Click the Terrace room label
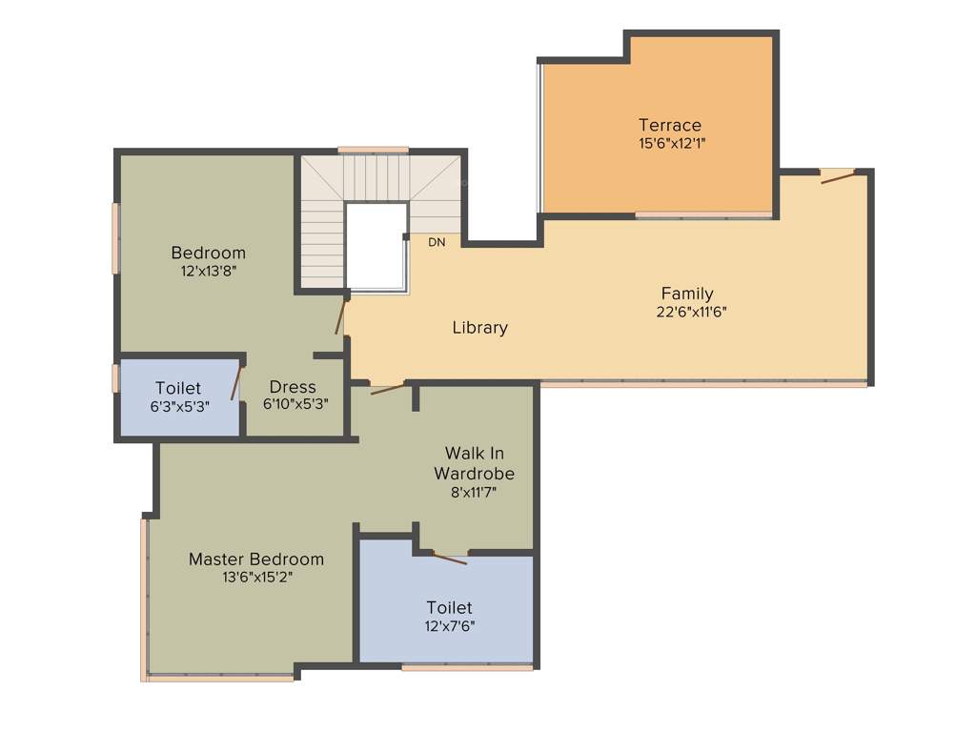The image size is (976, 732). click(670, 125)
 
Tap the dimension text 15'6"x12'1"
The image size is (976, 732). click(671, 143)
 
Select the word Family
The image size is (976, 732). click(687, 294)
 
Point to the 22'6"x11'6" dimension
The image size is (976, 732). click(693, 312)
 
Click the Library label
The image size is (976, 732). click(479, 328)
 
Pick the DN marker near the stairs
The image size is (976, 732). click(437, 243)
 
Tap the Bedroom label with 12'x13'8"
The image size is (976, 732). click(208, 253)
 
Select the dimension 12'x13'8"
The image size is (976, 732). click(209, 271)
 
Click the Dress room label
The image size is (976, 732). click(293, 387)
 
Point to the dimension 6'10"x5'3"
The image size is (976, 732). click(295, 404)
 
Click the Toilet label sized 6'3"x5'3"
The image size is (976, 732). click(178, 388)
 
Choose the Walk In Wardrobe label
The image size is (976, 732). click(474, 462)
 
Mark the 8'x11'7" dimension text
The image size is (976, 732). click(474, 492)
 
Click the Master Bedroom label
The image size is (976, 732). click(255, 559)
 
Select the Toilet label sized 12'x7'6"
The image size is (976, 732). click(449, 607)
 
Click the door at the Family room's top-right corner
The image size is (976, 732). click(838, 176)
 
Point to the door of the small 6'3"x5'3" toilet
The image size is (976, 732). click(235, 382)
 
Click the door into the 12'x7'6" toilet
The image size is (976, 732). click(448, 558)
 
